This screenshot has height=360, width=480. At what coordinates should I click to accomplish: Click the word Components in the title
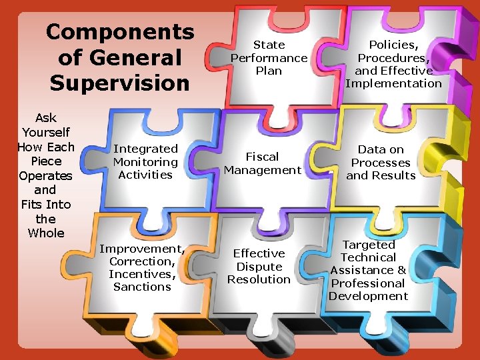(120, 31)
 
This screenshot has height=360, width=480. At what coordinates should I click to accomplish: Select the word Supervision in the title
(119, 83)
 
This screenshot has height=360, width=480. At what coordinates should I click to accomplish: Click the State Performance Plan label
(269, 57)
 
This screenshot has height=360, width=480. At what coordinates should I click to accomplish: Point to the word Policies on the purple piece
(393, 45)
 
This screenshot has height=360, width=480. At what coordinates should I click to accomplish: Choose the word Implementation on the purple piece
(393, 83)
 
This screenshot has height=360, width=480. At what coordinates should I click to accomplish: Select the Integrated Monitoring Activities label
(145, 162)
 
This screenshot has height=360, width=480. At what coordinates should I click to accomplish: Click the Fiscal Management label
(263, 163)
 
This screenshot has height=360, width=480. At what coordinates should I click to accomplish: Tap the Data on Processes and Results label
(381, 163)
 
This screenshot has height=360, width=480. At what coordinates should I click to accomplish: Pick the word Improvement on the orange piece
(141, 249)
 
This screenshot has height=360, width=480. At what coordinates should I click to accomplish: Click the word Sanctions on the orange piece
(142, 287)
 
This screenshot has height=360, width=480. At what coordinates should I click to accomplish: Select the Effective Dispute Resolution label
(259, 266)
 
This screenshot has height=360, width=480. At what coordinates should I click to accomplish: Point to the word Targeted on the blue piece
(369, 245)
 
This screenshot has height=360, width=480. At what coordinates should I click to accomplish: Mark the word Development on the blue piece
(368, 296)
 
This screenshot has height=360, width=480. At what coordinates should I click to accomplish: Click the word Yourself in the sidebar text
(45, 133)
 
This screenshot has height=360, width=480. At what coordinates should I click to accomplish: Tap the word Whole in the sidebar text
(46, 233)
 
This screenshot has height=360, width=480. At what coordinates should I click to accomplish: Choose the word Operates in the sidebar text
(45, 175)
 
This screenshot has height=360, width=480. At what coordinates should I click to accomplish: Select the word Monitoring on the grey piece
(145, 162)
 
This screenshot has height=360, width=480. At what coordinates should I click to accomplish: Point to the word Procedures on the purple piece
(393, 58)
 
